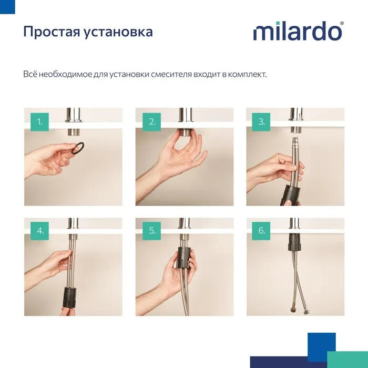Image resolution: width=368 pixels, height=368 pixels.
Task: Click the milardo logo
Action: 298,32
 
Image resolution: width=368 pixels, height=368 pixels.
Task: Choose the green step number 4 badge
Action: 39,230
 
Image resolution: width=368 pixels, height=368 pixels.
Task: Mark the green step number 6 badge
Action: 262,230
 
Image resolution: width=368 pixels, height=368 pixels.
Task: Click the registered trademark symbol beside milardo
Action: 342,24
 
